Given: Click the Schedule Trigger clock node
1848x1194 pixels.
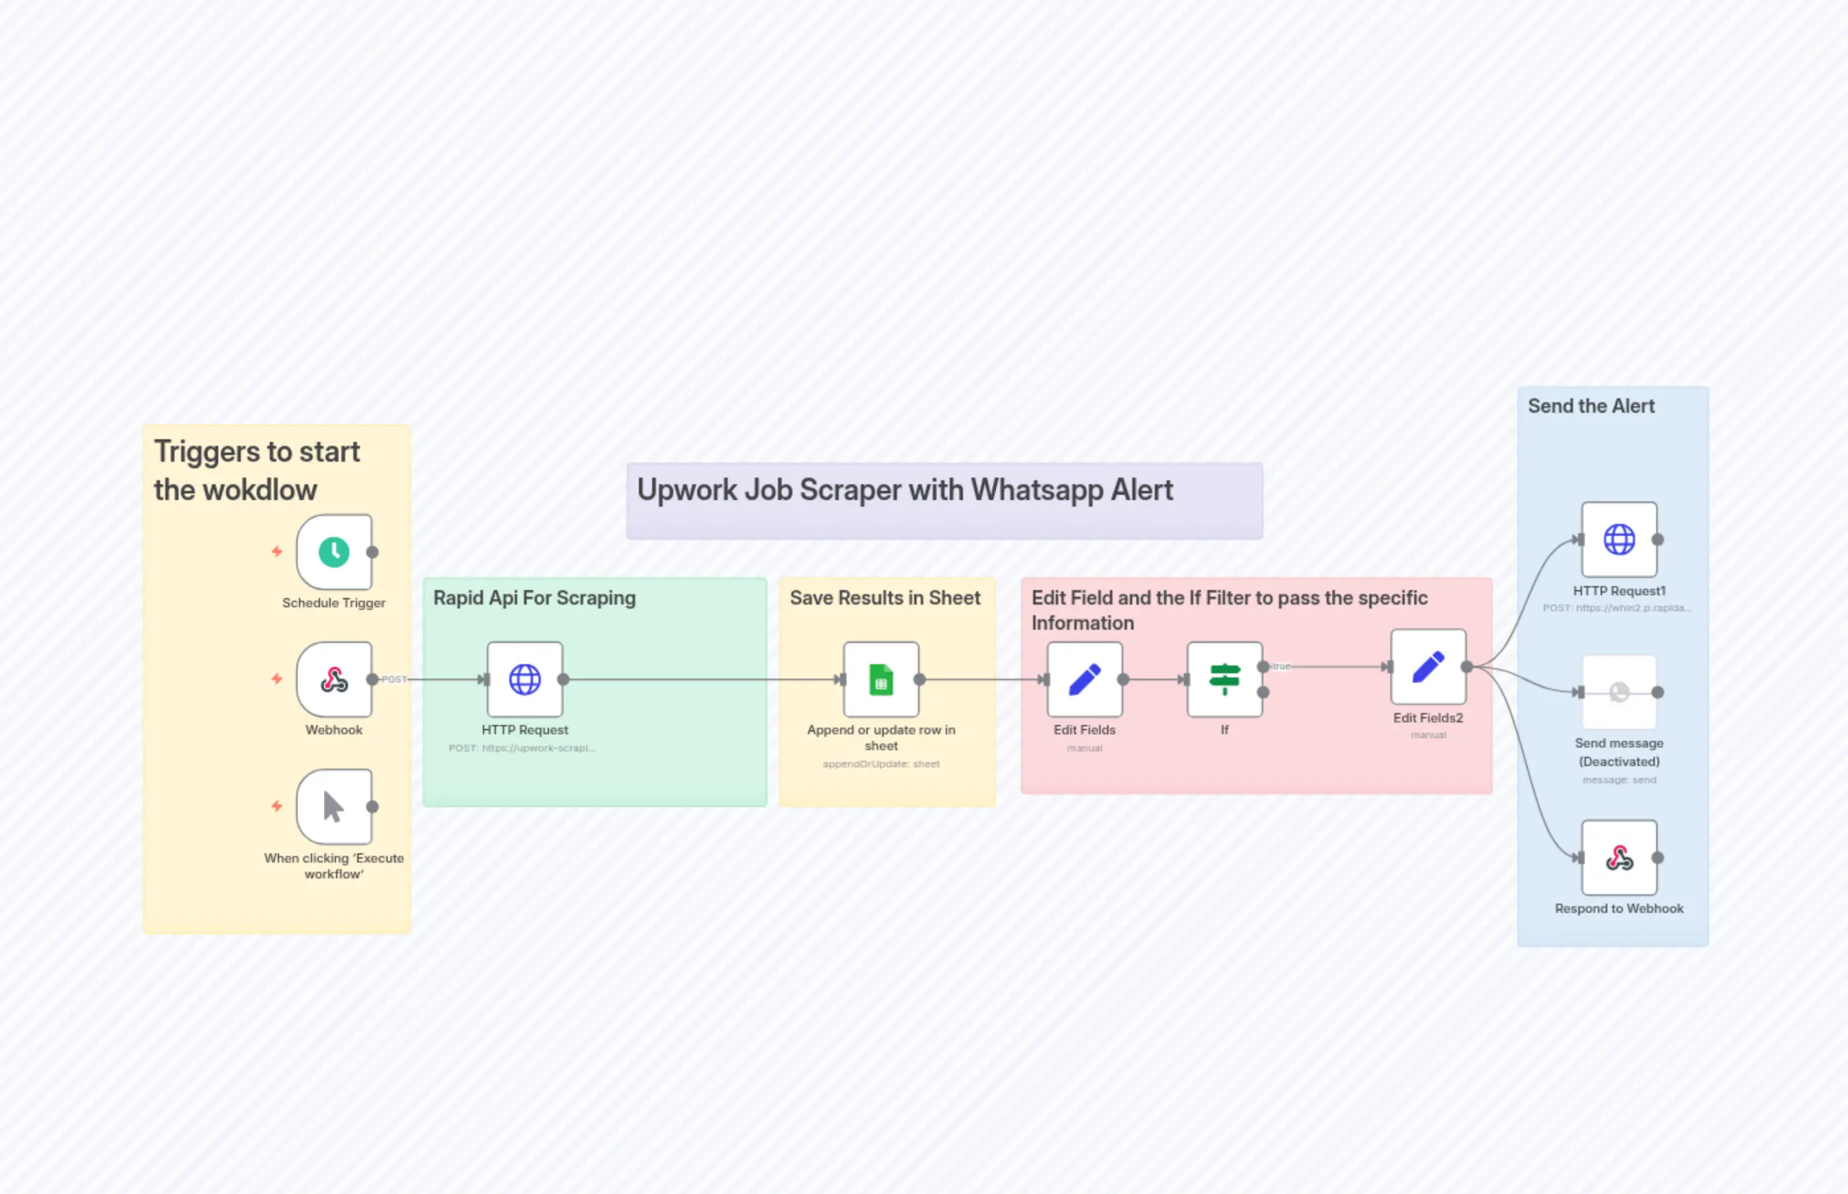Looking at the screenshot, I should (x=334, y=552).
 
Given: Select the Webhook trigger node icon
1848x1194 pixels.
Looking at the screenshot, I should (x=334, y=680).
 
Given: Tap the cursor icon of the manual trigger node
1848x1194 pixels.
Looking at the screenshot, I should (x=334, y=807).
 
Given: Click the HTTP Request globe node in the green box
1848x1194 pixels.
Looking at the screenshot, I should (x=525, y=680).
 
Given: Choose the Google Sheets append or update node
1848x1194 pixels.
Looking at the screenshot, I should (x=882, y=680).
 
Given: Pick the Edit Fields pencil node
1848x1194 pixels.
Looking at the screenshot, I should (x=1085, y=680).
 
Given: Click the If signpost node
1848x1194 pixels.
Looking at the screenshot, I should (x=1225, y=680).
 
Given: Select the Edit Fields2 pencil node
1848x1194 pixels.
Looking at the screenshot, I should (x=1429, y=667).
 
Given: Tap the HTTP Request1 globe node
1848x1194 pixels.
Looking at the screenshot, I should (x=1619, y=540).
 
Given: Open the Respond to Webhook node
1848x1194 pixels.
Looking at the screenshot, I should (x=1619, y=857).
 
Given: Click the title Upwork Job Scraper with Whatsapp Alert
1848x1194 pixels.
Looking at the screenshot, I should (x=905, y=490).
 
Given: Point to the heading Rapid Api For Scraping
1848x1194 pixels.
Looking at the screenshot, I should (x=534, y=598).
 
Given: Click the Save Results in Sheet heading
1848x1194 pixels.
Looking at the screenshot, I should (x=885, y=598).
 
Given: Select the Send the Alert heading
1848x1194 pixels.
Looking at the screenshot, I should (x=1591, y=406).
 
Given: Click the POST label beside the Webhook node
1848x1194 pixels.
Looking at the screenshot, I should (x=394, y=679).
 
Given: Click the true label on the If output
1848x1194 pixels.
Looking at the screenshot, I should (x=1281, y=666).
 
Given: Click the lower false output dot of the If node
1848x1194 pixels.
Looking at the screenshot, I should (x=1263, y=693).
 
